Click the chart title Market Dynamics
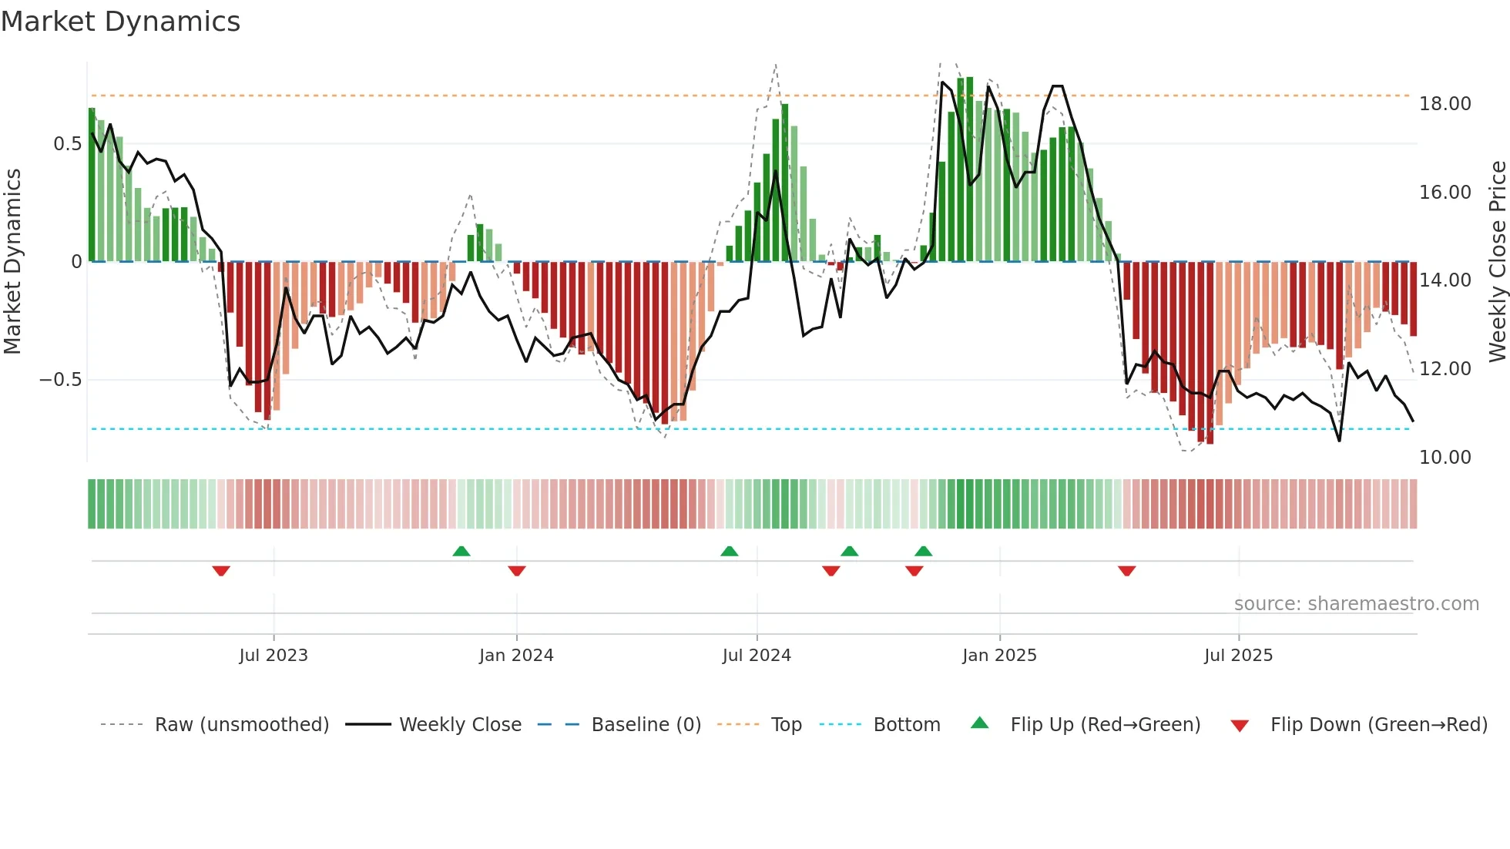point(120,22)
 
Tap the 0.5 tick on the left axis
point(67,144)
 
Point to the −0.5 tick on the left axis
point(60,380)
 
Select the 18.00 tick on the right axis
point(1445,104)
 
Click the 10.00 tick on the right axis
point(1445,458)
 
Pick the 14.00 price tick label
point(1445,280)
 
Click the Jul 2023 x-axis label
point(273,656)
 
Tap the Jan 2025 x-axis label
point(999,656)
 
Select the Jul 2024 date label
point(756,656)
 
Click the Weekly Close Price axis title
point(1497,261)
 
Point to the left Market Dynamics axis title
point(12,261)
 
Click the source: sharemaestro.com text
point(1356,604)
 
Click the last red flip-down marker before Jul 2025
point(1126,571)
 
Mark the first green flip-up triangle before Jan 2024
point(461,551)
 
